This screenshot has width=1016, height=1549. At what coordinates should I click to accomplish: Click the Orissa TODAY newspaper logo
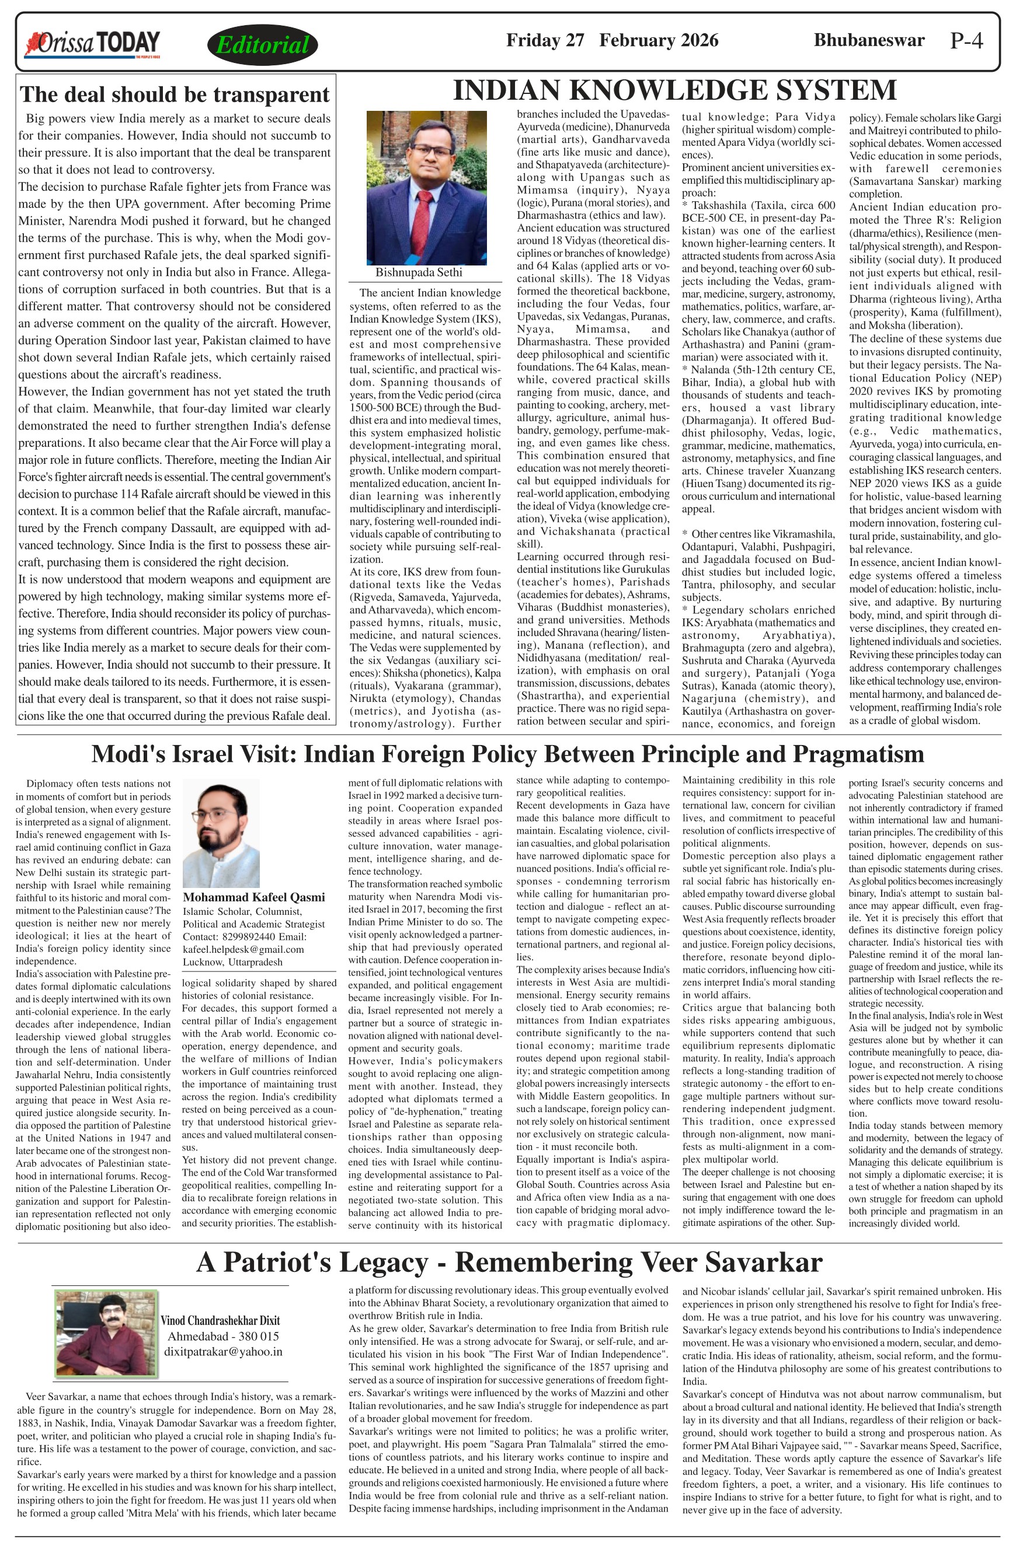click(92, 43)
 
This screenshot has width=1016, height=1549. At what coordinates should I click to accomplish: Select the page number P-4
click(966, 41)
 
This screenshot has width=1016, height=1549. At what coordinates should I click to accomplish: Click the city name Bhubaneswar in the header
click(869, 40)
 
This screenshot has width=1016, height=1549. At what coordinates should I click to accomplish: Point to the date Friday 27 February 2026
click(612, 40)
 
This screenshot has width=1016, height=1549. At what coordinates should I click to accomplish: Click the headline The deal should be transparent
click(175, 95)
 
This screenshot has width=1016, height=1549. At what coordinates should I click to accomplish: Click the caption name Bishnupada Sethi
click(419, 272)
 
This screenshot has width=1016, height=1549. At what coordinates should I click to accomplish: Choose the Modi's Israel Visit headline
click(507, 754)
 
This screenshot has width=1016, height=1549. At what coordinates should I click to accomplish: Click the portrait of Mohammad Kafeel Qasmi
click(221, 833)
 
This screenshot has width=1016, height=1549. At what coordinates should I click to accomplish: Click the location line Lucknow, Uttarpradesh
click(232, 962)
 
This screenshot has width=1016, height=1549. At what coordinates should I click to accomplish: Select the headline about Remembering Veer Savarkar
click(509, 1261)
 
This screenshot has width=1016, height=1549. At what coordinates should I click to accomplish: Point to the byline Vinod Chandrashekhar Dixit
click(220, 1320)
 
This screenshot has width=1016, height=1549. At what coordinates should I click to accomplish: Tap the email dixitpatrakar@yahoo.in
click(222, 1351)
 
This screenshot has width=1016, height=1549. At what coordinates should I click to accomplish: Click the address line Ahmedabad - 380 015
click(222, 1335)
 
